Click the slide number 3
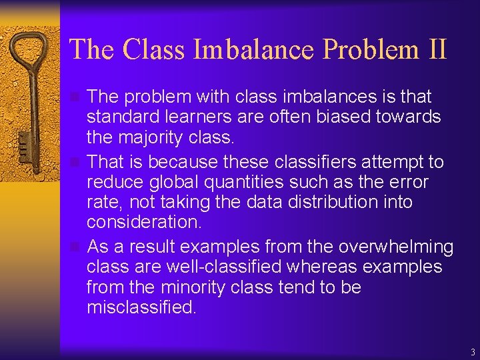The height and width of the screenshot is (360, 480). point(472,352)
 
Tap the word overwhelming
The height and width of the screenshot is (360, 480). point(396,247)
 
